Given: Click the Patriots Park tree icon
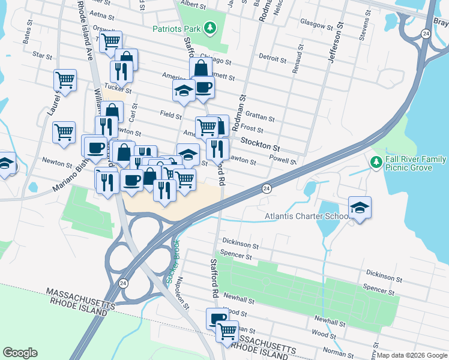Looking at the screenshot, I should coord(209,28).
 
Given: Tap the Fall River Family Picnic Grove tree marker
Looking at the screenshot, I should coord(376,162).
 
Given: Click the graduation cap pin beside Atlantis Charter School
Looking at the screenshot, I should coord(360,208).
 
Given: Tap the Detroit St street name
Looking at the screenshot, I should coord(272,59).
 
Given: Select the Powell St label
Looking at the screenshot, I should coord(283,161).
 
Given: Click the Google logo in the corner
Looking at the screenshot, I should coord(20,353).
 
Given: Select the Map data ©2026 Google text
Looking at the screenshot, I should coord(412,355).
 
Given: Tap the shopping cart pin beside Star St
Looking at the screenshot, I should coord(65,80).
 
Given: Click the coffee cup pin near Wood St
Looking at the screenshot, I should coord(216,318).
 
